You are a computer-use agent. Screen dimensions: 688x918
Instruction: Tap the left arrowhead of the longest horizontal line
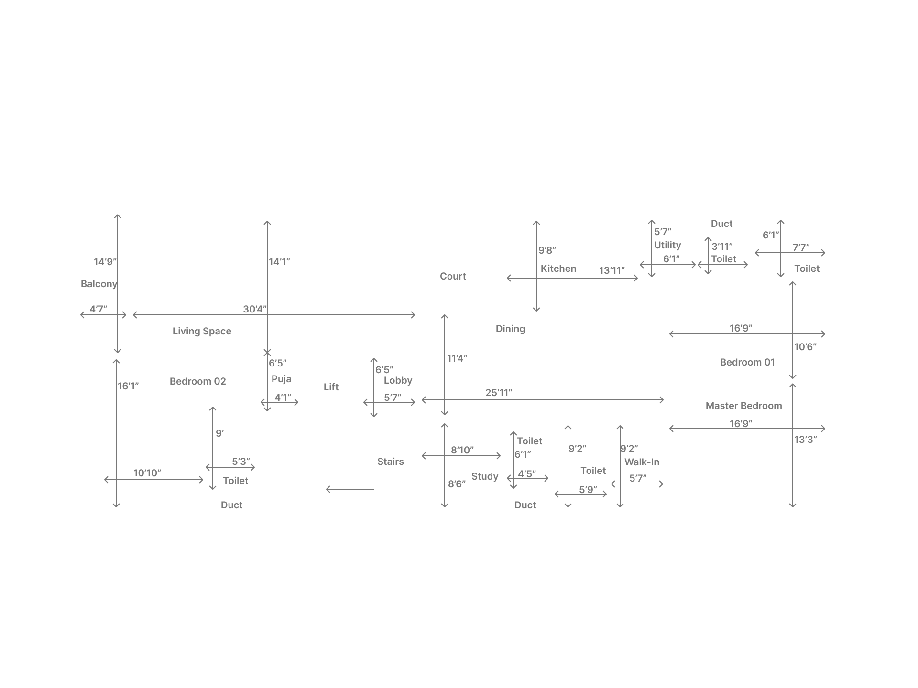coord(134,315)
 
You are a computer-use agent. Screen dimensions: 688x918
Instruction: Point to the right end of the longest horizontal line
coord(414,314)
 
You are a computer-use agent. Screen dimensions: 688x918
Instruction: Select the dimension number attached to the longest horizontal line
coord(253,308)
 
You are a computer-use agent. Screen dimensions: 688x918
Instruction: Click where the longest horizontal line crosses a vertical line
coord(266,315)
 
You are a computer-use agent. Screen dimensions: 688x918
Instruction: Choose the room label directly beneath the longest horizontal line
coord(203,332)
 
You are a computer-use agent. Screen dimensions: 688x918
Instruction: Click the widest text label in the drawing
coord(744,406)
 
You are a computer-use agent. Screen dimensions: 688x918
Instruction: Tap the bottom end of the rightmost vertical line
coord(794,504)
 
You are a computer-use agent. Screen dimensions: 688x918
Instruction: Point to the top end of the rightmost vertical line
coord(794,283)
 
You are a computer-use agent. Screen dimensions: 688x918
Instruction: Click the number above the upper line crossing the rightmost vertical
coord(740,327)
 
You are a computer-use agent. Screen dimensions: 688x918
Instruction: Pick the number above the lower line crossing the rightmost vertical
coord(740,422)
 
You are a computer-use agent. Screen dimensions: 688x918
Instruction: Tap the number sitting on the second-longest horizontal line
coord(499,392)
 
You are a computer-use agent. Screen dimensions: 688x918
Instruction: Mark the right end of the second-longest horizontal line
coord(662,399)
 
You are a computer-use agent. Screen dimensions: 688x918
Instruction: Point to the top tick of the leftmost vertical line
coord(117,218)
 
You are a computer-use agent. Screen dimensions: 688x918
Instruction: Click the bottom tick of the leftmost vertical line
coord(117,504)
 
